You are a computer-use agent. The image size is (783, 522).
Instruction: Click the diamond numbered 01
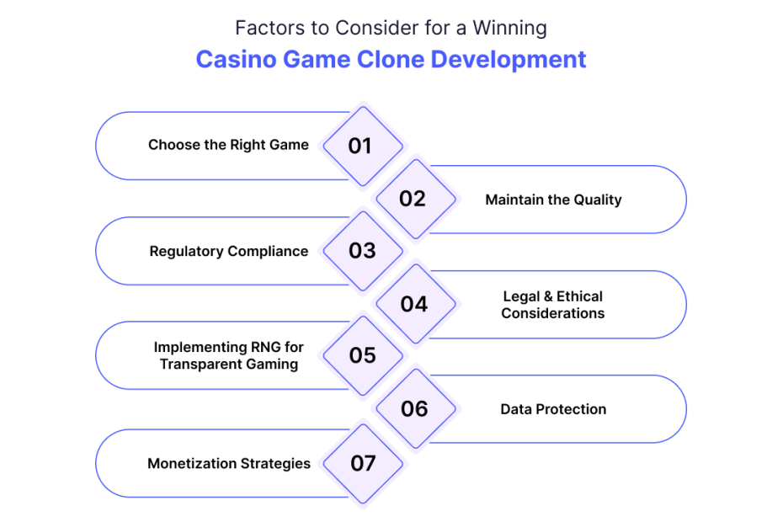point(363,146)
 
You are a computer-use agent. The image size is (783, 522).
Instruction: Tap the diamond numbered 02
point(415,199)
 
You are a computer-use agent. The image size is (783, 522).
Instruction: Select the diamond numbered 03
point(363,251)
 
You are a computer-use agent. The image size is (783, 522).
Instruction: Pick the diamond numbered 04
point(415,304)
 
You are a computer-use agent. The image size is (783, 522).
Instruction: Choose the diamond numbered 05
point(363,355)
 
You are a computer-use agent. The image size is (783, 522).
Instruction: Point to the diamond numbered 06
point(415,408)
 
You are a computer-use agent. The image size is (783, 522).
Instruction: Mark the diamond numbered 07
point(363,464)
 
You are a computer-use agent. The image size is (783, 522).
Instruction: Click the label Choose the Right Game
point(228,145)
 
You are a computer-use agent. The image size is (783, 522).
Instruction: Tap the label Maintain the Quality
point(553,200)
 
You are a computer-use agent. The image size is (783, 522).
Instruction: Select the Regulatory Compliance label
point(229,251)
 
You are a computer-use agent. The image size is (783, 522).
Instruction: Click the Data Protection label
point(553,409)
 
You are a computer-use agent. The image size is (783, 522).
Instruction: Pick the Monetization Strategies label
point(229,464)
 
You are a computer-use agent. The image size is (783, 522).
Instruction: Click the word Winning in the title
point(510,29)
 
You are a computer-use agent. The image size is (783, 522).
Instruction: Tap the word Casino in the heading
point(236,59)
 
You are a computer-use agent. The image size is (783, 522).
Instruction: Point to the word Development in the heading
point(509,60)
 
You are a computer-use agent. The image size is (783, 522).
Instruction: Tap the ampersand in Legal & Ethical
point(548,296)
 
